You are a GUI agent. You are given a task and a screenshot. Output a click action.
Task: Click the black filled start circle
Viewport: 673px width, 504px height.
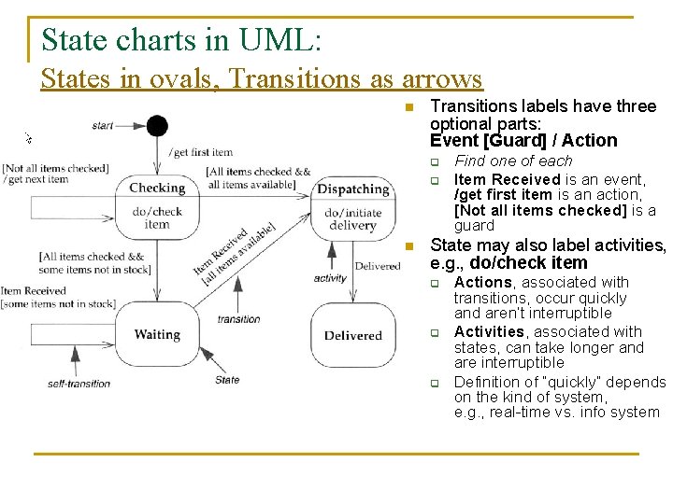click(x=157, y=126)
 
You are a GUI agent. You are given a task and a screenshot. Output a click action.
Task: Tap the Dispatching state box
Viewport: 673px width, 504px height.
click(x=352, y=204)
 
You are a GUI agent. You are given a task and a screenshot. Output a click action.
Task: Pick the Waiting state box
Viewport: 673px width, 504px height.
click(x=157, y=334)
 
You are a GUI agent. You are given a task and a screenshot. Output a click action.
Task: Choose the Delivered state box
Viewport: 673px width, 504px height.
click(x=352, y=335)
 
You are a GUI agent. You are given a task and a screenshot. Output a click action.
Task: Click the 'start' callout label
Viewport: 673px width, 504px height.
click(x=103, y=126)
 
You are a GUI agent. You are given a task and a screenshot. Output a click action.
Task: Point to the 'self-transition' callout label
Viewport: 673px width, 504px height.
click(x=79, y=383)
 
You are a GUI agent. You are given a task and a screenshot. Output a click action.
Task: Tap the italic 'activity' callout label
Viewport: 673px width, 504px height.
click(x=329, y=278)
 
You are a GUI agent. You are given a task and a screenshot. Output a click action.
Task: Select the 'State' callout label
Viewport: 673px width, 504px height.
click(x=227, y=380)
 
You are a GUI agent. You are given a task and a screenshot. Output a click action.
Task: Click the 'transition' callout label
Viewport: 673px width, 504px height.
click(x=238, y=319)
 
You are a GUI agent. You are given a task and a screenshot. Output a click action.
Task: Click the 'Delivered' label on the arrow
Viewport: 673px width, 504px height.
click(x=378, y=266)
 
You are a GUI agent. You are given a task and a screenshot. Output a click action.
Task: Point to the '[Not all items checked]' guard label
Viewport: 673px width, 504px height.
click(x=55, y=169)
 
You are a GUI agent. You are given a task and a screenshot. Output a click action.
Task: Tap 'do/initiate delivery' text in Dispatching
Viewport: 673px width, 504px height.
click(x=352, y=218)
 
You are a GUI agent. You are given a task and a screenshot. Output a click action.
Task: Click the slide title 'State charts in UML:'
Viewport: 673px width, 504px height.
click(x=181, y=40)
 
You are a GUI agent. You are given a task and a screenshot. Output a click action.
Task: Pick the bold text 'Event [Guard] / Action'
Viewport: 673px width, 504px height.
click(x=523, y=141)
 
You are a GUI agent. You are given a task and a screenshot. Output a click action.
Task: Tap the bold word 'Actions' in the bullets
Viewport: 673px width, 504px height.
click(x=482, y=282)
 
